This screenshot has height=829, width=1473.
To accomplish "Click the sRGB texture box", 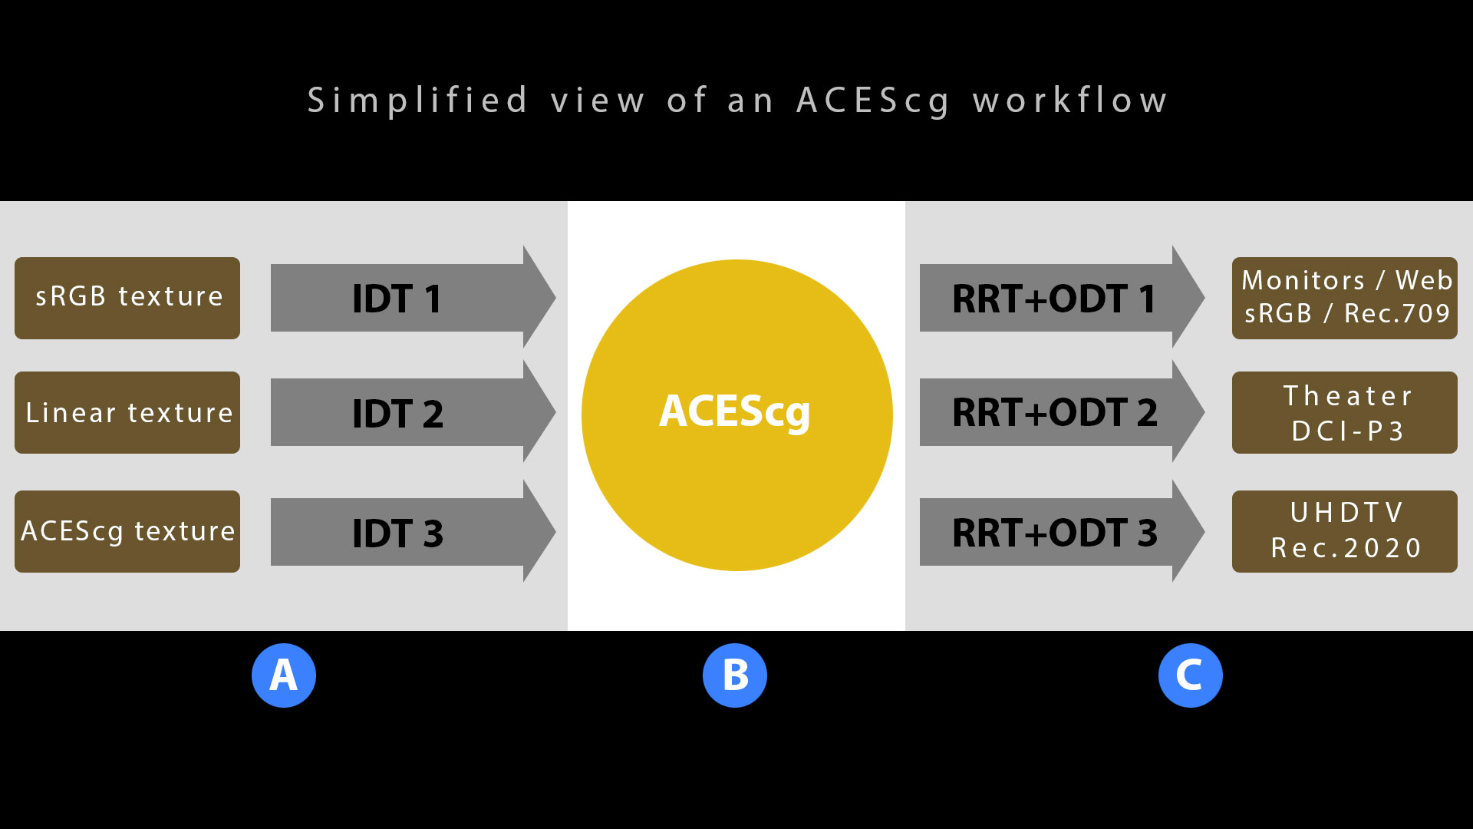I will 127,298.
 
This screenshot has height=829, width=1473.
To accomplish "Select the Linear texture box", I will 127,413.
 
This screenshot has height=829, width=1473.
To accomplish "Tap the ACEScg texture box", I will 127,531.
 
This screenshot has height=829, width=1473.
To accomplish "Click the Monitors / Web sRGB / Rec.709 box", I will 1344,298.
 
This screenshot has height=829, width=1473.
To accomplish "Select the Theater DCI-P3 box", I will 1344,413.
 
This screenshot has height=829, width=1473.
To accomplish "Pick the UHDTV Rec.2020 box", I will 1344,531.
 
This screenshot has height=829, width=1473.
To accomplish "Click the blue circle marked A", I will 284,675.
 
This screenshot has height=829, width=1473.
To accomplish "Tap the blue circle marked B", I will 735,675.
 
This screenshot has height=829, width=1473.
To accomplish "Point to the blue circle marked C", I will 1190,675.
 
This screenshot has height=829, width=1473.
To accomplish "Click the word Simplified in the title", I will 418,101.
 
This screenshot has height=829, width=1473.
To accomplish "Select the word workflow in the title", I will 1070,101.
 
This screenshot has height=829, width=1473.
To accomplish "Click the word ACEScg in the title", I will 873,101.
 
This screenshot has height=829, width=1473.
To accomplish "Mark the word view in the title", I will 598,101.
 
